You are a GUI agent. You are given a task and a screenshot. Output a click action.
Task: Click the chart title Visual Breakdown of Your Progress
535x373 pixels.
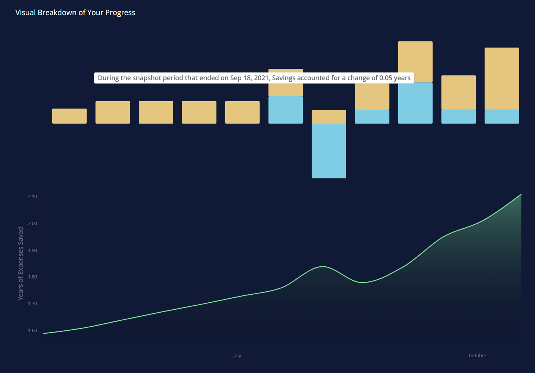(x=75, y=13)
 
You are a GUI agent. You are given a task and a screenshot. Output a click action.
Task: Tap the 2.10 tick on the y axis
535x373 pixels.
(x=32, y=197)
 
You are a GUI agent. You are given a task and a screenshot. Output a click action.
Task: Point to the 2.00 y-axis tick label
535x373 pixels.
(x=32, y=224)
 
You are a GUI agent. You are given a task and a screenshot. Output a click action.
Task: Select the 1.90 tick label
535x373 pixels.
(x=32, y=251)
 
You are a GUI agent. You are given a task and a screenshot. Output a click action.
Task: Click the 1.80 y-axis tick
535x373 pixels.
(x=32, y=277)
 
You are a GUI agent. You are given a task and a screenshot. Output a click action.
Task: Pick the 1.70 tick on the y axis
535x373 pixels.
(x=32, y=304)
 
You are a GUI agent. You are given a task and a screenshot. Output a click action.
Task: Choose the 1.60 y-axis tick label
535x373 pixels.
(x=32, y=331)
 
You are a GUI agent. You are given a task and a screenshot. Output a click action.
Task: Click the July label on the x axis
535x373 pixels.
(x=237, y=356)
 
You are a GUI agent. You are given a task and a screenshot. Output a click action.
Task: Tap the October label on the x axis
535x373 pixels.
(x=477, y=356)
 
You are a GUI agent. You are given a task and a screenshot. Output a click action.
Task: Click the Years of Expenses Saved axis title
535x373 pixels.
(x=21, y=263)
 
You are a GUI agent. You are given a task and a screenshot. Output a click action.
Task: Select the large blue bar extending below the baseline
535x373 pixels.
(x=329, y=151)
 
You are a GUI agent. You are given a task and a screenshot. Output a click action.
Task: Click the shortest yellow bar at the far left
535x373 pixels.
(x=70, y=116)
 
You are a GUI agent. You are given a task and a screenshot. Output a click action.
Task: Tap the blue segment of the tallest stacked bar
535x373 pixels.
(x=415, y=103)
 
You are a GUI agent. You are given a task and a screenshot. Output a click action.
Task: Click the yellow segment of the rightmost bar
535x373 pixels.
(x=502, y=78)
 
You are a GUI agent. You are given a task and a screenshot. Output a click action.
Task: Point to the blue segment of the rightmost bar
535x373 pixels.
(x=502, y=117)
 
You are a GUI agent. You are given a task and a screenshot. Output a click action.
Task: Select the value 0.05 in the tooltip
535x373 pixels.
(x=386, y=78)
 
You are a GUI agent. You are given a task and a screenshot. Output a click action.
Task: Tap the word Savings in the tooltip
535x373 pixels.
(x=284, y=78)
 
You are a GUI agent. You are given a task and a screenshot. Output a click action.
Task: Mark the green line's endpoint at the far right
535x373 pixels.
(x=521, y=194)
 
